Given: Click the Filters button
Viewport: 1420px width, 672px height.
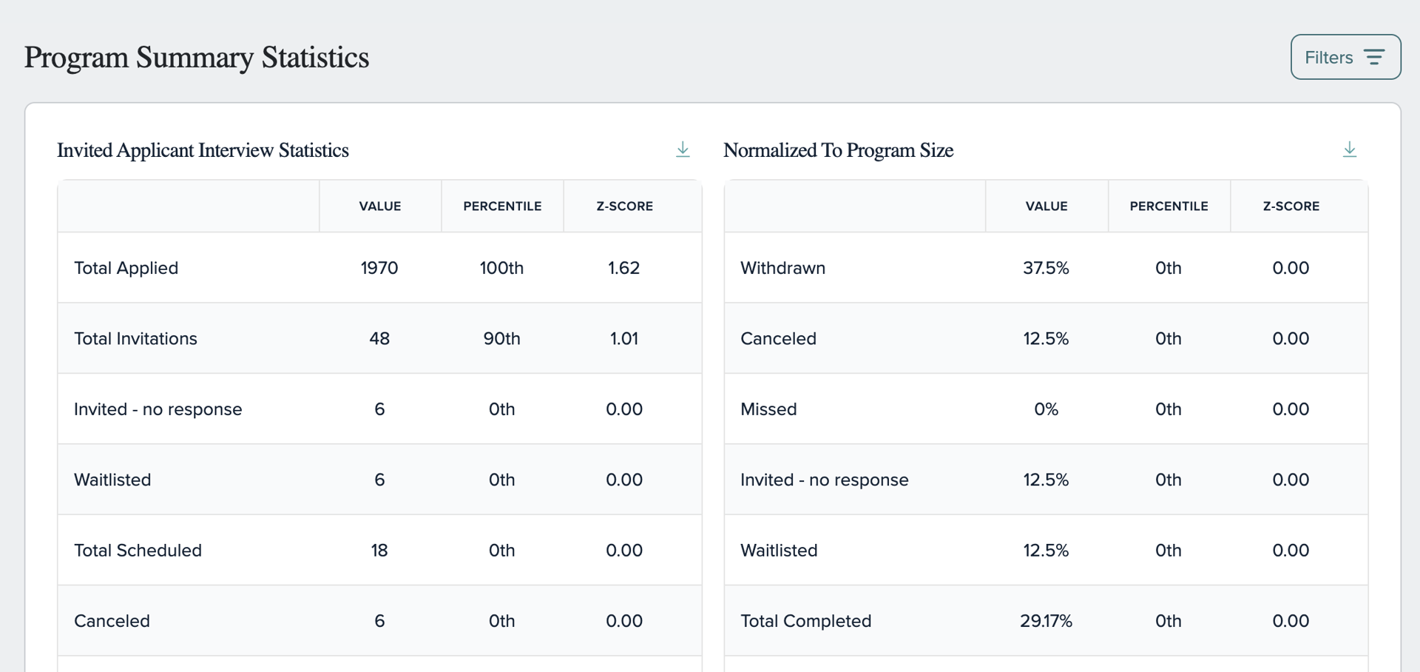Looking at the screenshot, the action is pos(1345,57).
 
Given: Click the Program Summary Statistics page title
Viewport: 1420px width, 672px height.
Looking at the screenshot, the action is pos(197,58).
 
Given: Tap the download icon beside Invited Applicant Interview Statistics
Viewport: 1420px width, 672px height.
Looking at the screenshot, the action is pos(683,149).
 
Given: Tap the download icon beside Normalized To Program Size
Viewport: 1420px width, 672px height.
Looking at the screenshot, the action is pos(1350,149).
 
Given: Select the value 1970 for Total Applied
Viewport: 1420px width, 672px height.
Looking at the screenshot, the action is pos(379,268).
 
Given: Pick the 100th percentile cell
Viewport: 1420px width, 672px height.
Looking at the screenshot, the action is pos(501,268).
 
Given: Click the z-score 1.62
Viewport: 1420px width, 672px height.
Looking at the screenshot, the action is pos(624,268).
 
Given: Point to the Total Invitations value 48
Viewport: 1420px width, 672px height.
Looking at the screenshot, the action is pos(379,339).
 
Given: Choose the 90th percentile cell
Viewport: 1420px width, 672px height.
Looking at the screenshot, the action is pos(502,339).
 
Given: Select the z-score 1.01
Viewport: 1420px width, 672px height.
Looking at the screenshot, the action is pos(624,339).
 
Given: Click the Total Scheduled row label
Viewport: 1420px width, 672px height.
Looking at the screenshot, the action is pos(138,551).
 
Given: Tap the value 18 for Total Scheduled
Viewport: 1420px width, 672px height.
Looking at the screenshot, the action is pos(379,551).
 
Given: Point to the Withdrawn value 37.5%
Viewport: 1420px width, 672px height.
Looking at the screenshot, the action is pos(1046,268).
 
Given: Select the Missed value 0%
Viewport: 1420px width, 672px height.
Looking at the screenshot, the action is pos(1047,409).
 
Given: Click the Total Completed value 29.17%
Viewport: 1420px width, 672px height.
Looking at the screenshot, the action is pos(1046,621).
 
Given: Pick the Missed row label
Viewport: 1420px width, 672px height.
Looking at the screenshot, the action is pos(769,409).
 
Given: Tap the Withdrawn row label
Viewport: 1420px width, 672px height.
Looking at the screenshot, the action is pos(783,268).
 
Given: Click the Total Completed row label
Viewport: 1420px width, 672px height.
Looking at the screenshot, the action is pos(806,621).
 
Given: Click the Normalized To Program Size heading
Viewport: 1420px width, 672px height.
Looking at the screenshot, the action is pos(839,150).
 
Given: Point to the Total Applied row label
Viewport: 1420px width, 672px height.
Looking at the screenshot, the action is pos(126,268).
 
